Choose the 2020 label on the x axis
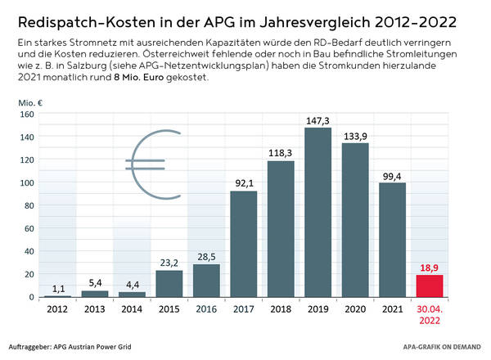coord(356,309)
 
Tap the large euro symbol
coord(153,165)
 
